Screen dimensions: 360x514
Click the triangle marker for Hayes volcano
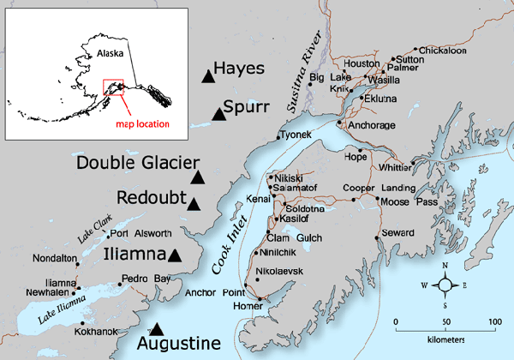click(207, 77)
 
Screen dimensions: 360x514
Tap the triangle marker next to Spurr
click(218, 115)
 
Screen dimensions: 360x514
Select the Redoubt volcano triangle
click(194, 204)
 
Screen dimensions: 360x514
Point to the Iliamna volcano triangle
click(175, 255)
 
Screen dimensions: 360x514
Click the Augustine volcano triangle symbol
click(156, 328)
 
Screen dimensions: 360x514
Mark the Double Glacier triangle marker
click(199, 177)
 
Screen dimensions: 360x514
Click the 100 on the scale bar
click(493, 321)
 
